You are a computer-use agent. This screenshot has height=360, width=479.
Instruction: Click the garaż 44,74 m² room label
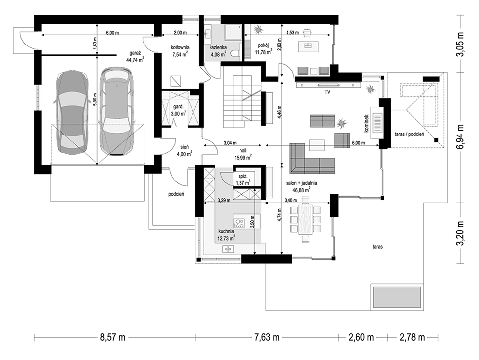tap(135, 57)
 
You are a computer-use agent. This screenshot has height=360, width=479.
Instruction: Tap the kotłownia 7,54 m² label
tap(180, 51)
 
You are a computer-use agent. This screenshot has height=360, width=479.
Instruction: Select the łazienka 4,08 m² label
tap(218, 51)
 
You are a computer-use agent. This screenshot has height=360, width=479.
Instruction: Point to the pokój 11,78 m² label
tap(263, 49)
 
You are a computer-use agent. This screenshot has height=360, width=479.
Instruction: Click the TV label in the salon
tap(328, 91)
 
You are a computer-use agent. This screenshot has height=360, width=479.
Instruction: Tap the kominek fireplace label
tap(366, 124)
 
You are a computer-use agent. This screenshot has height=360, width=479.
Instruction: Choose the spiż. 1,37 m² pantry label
tap(243, 180)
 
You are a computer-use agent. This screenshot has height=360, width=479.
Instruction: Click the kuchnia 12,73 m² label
tap(226, 234)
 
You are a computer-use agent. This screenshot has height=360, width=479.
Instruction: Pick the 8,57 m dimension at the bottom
tap(113, 337)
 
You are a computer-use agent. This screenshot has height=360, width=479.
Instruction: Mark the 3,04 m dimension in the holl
tap(230, 142)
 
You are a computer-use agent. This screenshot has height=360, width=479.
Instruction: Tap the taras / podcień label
tap(409, 135)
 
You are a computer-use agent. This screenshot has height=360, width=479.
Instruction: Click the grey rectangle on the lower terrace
tap(396, 297)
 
